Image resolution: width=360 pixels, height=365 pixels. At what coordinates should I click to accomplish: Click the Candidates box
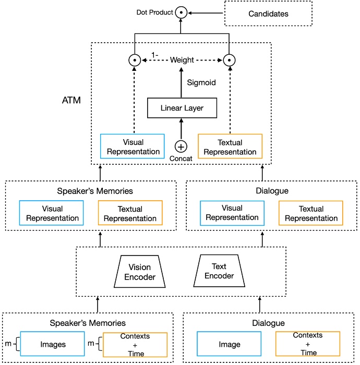point(268,14)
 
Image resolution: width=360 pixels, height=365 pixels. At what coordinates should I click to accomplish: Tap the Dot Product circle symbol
point(181,11)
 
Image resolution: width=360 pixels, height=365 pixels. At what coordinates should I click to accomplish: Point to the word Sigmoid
point(201,82)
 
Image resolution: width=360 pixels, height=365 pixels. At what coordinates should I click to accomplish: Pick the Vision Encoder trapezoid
point(140,272)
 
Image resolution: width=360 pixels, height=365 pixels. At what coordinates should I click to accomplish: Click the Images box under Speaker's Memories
point(53,344)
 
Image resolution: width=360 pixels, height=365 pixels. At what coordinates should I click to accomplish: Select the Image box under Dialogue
point(229,344)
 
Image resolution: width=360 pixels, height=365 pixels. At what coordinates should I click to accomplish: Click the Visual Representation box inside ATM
point(134,147)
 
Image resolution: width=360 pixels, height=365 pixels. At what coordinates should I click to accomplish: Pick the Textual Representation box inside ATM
point(230,147)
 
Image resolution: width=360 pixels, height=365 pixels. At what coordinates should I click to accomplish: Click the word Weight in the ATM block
point(182,60)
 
